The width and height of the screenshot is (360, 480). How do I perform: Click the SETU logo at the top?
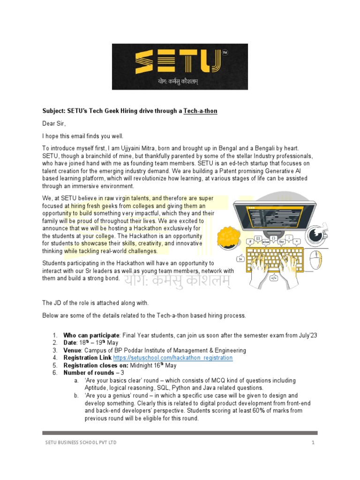[180, 66]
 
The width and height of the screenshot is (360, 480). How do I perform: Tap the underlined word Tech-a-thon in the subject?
[200, 112]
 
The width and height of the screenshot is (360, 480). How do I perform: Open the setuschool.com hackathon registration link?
[173, 358]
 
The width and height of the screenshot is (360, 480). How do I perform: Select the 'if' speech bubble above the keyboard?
[251, 242]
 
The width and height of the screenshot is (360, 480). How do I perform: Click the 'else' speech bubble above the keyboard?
[266, 242]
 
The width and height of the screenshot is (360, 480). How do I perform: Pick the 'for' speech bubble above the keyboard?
[281, 242]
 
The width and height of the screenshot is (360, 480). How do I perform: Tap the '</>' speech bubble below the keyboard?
[274, 278]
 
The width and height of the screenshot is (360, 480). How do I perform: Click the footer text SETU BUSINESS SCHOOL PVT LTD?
[81, 442]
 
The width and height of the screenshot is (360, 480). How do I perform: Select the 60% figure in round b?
[272, 411]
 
